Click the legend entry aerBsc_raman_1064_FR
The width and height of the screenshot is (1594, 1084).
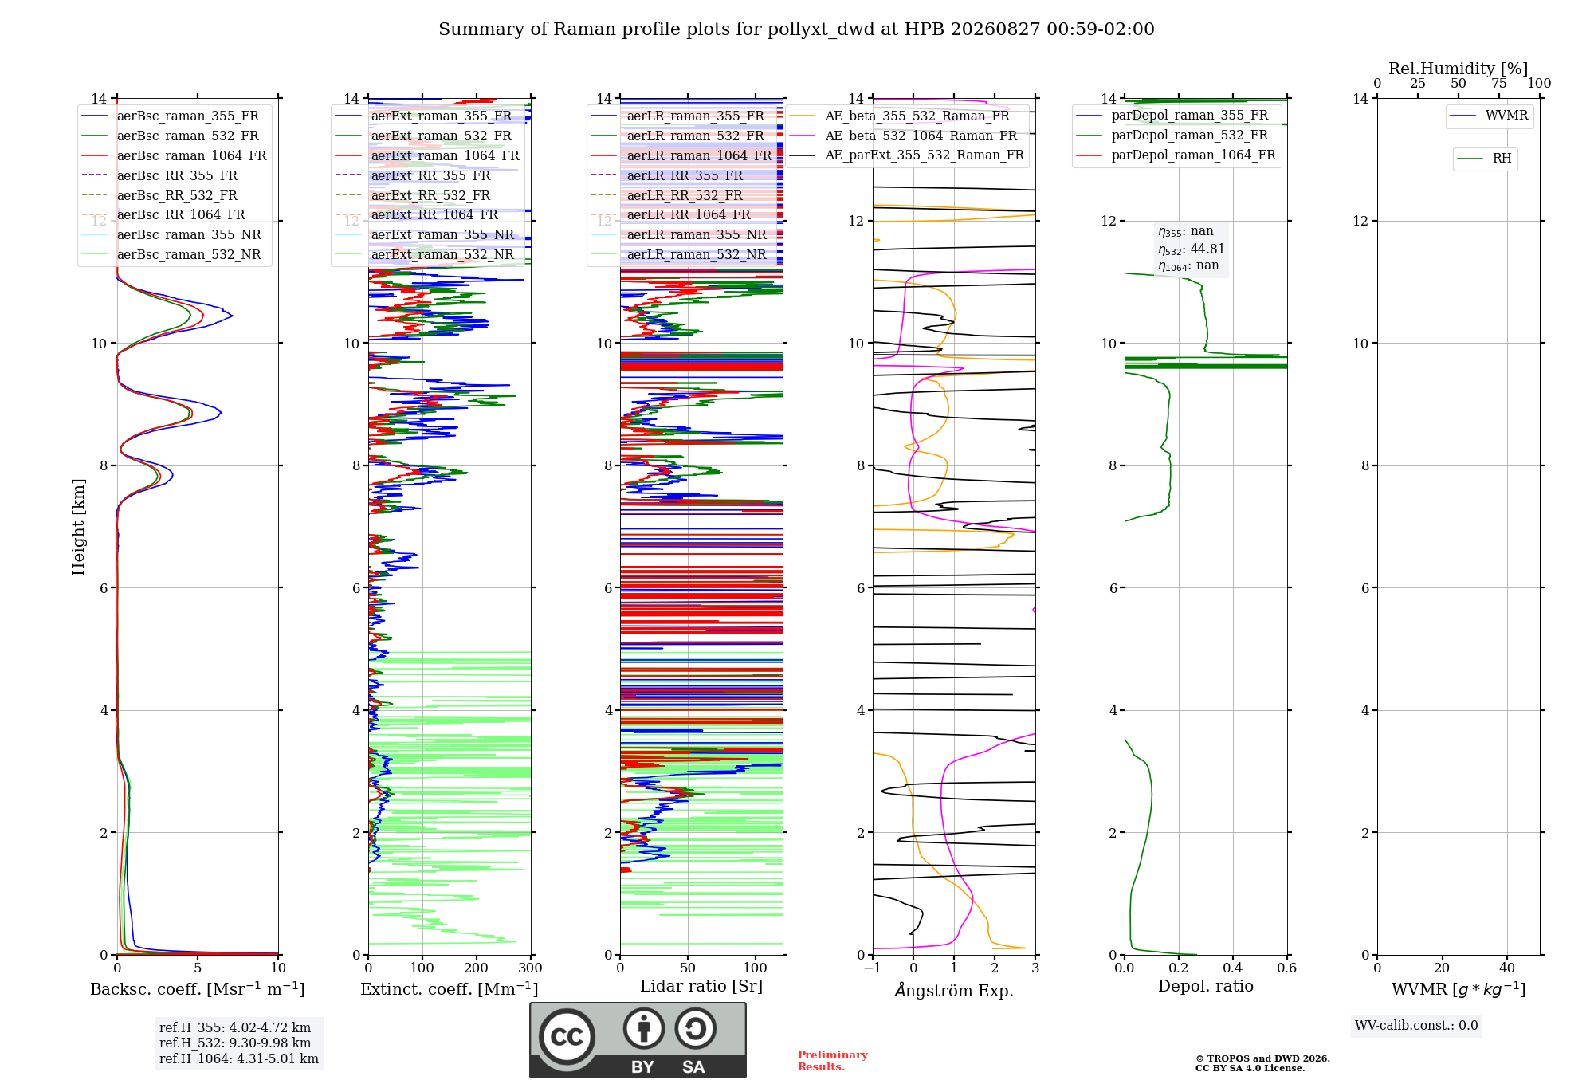tap(174, 155)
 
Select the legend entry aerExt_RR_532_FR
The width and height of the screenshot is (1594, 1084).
tap(413, 195)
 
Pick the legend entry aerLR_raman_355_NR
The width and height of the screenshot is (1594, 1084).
tap(678, 234)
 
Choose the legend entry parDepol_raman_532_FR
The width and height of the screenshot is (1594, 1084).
tap(1172, 135)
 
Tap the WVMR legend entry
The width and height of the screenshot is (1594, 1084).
tap(1489, 116)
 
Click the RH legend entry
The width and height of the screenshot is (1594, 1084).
tap(1485, 159)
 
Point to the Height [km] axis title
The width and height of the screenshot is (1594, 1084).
tap(78, 527)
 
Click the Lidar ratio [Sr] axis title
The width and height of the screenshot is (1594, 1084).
tap(701, 986)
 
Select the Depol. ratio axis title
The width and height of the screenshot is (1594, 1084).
tap(1206, 986)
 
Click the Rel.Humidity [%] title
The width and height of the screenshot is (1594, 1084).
tap(1459, 69)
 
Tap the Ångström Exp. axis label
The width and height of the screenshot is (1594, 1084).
tap(954, 990)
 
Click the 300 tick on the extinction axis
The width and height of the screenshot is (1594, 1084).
tap(531, 968)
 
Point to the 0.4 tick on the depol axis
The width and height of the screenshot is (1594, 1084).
tap(1233, 968)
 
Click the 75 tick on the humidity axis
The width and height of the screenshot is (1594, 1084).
tap(1499, 83)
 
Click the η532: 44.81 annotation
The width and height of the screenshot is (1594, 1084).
tap(1192, 249)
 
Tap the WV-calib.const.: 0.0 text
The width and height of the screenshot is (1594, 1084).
tap(1416, 1025)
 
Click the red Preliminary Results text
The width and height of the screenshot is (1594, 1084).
tap(833, 1061)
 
